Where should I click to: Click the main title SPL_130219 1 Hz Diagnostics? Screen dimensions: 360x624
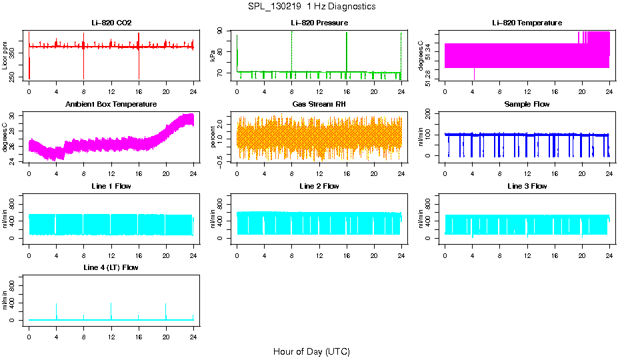pyautogui.click(x=311, y=7)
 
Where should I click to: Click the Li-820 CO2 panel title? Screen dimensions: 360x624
pyautogui.click(x=111, y=23)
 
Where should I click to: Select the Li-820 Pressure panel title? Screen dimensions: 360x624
pyautogui.click(x=319, y=23)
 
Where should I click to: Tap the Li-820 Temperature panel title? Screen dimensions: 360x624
pyautogui.click(x=527, y=23)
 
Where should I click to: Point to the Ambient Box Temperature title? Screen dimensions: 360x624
pyautogui.click(x=111, y=105)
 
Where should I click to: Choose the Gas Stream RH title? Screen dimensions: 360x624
pyautogui.click(x=319, y=105)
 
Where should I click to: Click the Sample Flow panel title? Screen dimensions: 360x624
pyautogui.click(x=527, y=105)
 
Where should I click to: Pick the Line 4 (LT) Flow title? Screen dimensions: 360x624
pyautogui.click(x=111, y=267)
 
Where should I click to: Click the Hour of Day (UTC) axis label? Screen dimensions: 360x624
pyautogui.click(x=311, y=351)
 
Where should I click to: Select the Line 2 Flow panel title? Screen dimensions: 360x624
pyautogui.click(x=319, y=186)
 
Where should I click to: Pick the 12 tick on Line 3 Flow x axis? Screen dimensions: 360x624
pyautogui.click(x=527, y=251)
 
